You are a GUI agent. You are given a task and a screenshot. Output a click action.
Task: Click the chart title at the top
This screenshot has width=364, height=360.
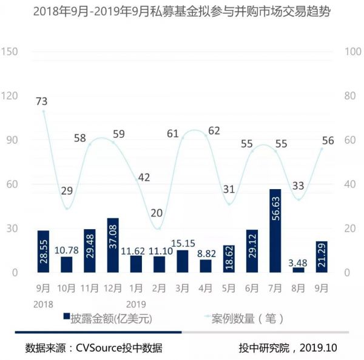tap(182, 12)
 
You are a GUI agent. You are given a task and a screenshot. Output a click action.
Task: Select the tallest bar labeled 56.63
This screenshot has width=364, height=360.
tap(275, 231)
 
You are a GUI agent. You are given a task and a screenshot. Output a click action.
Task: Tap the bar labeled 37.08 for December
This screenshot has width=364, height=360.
tap(113, 245)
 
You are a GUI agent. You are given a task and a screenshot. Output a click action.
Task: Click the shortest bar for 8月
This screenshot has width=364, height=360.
tap(298, 270)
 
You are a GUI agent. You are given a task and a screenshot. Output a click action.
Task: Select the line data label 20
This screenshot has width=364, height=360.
tap(156, 213)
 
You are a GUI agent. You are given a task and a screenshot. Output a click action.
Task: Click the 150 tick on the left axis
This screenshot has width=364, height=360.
tap(10, 52)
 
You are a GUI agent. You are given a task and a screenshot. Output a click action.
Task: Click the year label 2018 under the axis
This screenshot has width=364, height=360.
tap(43, 303)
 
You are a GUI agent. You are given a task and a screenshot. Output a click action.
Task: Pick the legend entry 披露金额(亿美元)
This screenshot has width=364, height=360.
tap(109, 317)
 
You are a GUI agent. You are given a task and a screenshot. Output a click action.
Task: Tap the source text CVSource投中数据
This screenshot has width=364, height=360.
tap(93, 348)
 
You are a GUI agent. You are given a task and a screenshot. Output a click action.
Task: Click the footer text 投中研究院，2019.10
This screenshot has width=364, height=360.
tap(288, 348)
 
